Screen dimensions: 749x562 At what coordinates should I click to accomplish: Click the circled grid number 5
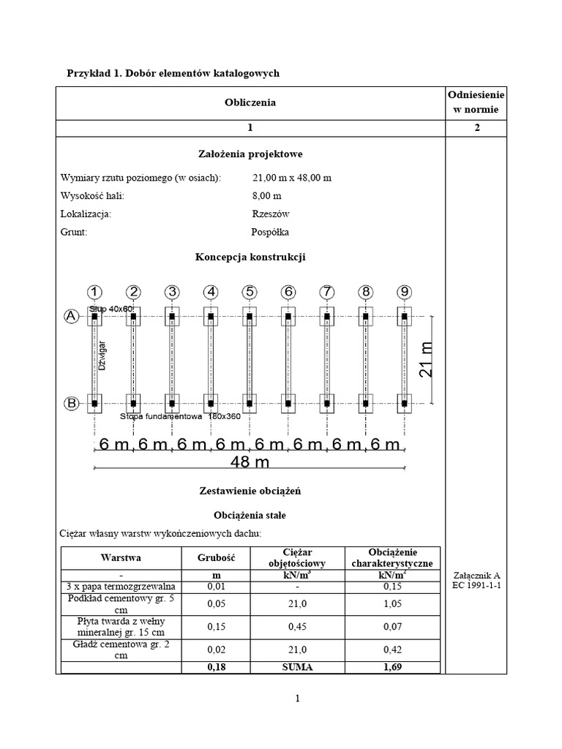(x=250, y=292)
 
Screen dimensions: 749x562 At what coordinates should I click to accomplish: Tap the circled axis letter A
(x=71, y=316)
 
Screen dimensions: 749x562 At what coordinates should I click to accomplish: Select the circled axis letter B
(x=71, y=403)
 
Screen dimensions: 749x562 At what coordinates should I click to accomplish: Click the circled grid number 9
(x=404, y=292)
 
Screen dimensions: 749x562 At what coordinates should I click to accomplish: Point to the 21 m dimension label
(x=427, y=359)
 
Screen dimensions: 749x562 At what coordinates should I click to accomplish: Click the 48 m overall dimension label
(x=250, y=462)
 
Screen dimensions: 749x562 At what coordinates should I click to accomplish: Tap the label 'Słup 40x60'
(x=111, y=309)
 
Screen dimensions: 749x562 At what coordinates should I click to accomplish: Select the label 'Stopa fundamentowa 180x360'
(x=173, y=416)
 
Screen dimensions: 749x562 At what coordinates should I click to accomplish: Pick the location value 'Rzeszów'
(x=271, y=214)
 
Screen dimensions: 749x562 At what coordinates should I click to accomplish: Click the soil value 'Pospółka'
(x=270, y=232)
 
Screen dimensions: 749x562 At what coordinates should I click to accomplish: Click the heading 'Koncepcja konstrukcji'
(x=250, y=257)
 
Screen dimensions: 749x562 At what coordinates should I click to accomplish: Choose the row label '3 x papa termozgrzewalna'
(x=120, y=587)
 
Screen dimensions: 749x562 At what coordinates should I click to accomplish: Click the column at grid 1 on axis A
(x=94, y=317)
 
